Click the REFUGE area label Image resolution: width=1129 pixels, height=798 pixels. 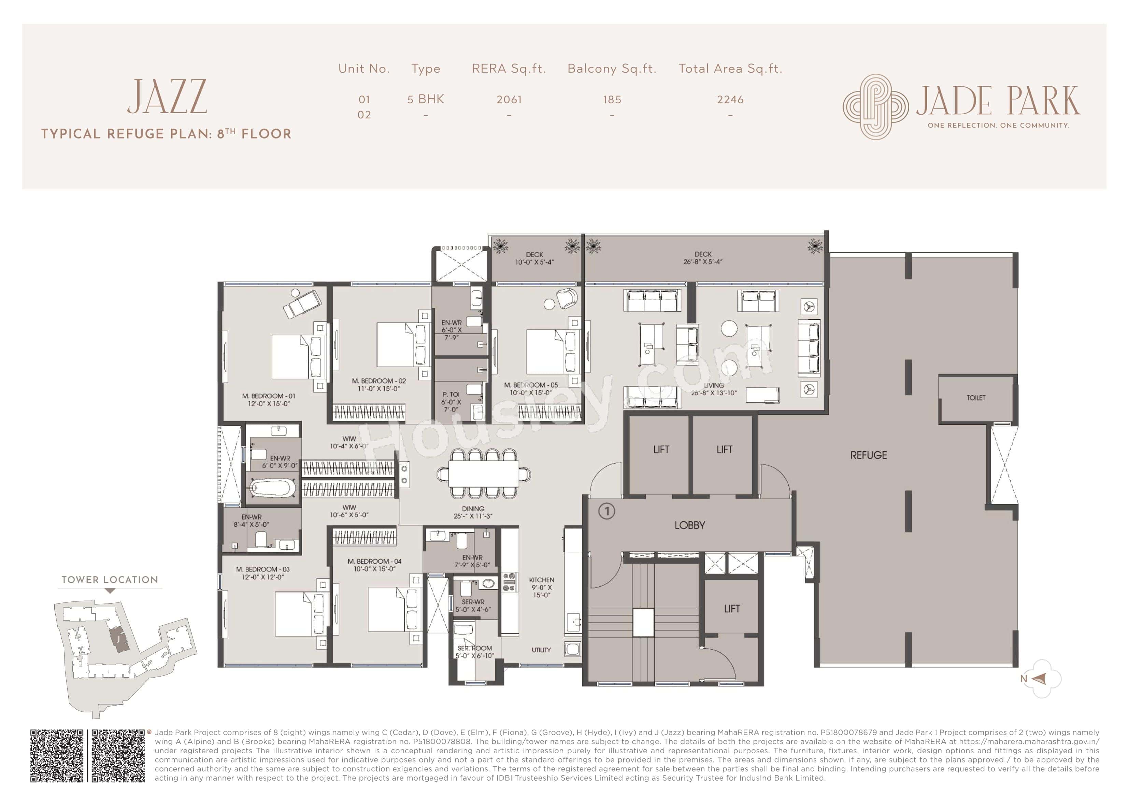868,455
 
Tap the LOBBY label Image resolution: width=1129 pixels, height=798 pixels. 689,525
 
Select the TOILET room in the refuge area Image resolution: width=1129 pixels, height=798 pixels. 975,398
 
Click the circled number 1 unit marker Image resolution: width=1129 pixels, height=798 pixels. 607,511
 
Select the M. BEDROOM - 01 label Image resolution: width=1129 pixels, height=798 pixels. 269,399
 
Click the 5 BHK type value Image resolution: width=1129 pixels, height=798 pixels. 425,99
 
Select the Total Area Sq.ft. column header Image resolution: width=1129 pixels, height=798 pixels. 730,69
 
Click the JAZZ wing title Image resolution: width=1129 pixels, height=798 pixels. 167,97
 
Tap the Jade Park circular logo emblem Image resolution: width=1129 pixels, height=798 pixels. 875,107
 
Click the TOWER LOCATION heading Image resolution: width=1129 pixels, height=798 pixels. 110,580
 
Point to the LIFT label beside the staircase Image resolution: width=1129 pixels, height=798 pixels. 732,609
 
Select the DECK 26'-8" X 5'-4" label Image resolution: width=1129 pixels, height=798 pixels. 703,258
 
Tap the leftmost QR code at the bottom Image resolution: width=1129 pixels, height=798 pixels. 57,755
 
